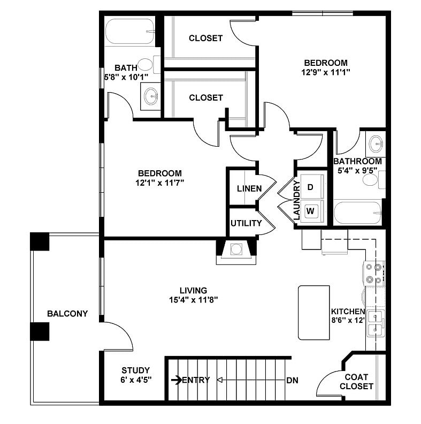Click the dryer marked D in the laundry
[311, 187]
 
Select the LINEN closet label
[249, 188]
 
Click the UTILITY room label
[246, 223]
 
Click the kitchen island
[314, 313]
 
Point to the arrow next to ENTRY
[176, 380]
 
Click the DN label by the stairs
[292, 381]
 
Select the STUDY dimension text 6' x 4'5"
[135, 380]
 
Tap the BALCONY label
[67, 314]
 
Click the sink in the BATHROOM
[377, 143]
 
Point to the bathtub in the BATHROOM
[357, 214]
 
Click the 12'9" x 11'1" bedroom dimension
[325, 71]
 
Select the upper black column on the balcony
[40, 241]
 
